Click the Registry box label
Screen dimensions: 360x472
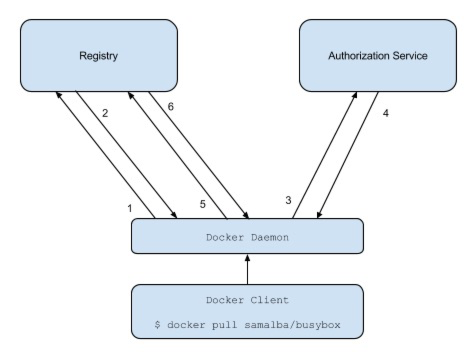tap(98, 55)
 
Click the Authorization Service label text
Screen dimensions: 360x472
tap(377, 55)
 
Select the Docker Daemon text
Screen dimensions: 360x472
tap(247, 237)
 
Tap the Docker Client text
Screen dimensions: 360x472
tap(247, 300)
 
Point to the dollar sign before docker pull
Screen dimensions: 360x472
tap(157, 324)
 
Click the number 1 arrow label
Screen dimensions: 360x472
tap(130, 208)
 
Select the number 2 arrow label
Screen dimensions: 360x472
tap(105, 113)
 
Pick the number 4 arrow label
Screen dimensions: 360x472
tap(385, 113)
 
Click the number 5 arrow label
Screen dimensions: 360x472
tap(202, 204)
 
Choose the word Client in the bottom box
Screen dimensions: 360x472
tap(269, 300)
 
